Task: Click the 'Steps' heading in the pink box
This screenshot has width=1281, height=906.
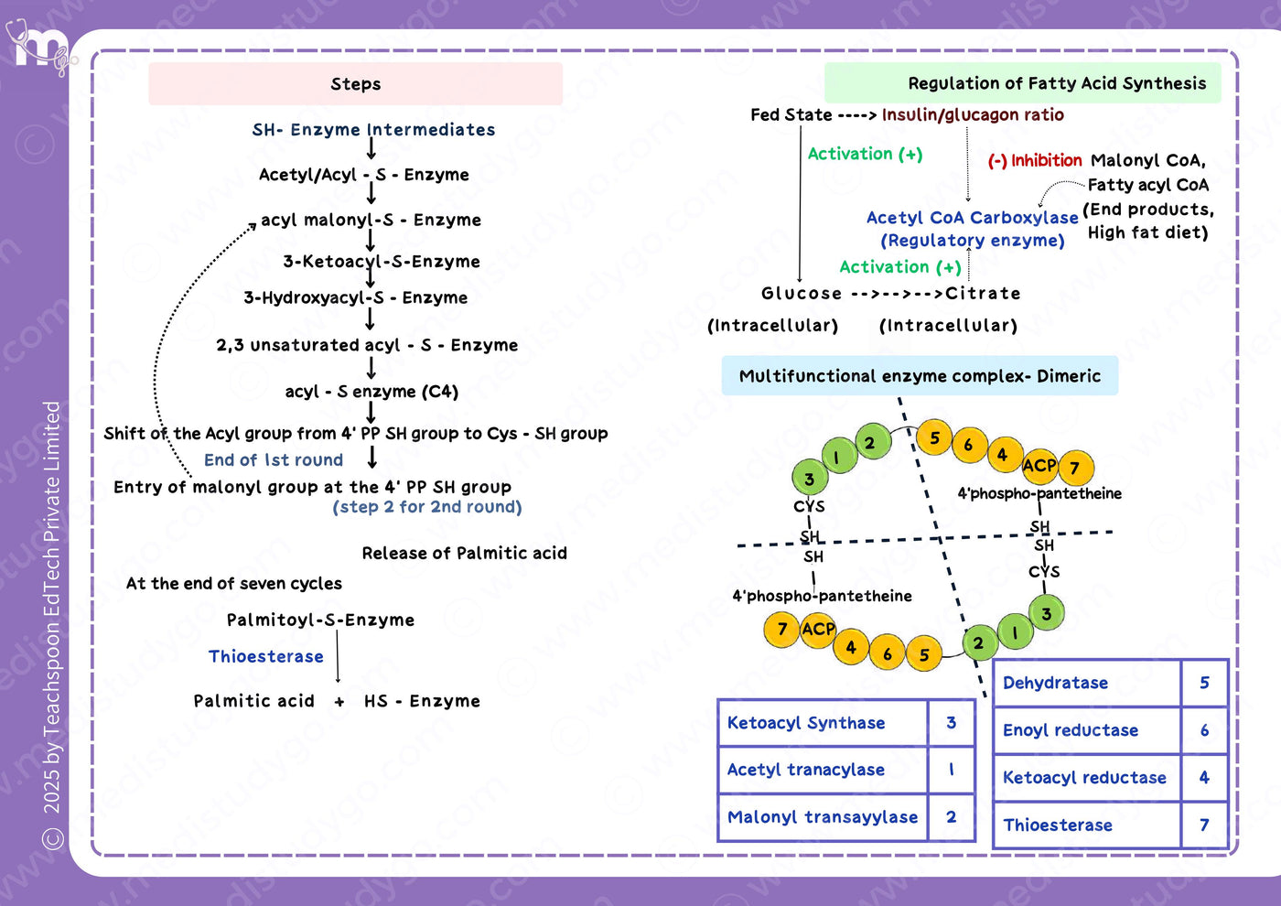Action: pyautogui.click(x=355, y=84)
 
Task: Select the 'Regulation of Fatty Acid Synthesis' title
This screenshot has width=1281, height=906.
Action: pyautogui.click(x=1057, y=83)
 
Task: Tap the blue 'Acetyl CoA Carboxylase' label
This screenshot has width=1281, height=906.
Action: pyautogui.click(x=972, y=218)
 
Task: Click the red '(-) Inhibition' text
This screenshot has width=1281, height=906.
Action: pyautogui.click(x=1035, y=160)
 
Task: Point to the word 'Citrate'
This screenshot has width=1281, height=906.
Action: pyautogui.click(x=983, y=294)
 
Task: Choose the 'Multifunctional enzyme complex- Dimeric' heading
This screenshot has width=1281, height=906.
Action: pyautogui.click(x=920, y=376)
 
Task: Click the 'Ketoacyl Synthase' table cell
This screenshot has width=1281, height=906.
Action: pyautogui.click(x=823, y=722)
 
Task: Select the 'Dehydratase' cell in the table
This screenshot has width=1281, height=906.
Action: pyautogui.click(x=1087, y=683)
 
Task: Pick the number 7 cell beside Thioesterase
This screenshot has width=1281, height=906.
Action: pyautogui.click(x=1204, y=825)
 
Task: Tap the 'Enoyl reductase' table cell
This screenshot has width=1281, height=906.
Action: pyautogui.click(x=1087, y=730)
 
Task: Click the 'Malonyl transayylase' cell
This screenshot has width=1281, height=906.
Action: pyautogui.click(x=823, y=816)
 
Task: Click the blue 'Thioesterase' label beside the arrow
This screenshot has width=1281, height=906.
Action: pyautogui.click(x=266, y=656)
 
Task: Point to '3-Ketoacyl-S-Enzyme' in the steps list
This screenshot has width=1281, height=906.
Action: pyautogui.click(x=382, y=262)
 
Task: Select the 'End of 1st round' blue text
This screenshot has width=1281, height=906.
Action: pyautogui.click(x=274, y=459)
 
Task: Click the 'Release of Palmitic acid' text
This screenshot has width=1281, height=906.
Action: pyautogui.click(x=465, y=553)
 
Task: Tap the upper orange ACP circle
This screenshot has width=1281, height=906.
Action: pyautogui.click(x=1039, y=466)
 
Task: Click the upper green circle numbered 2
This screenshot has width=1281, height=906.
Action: pyautogui.click(x=873, y=441)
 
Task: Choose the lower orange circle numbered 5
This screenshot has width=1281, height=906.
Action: pyautogui.click(x=923, y=653)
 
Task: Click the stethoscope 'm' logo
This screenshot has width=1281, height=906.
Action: pyautogui.click(x=41, y=47)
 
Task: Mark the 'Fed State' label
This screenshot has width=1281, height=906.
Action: pyautogui.click(x=791, y=115)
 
